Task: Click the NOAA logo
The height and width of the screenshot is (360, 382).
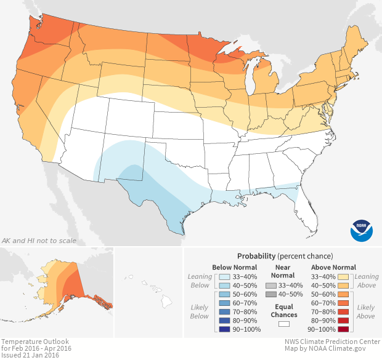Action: pos(362,229)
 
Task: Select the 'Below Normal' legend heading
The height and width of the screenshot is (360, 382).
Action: pos(234,267)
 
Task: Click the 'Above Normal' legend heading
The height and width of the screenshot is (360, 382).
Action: pos(333,267)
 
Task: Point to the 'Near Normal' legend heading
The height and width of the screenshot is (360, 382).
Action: pos(283,271)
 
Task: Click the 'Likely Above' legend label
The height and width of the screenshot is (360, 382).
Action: pos(365,311)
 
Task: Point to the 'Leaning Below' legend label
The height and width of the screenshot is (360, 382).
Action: pos(200,281)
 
